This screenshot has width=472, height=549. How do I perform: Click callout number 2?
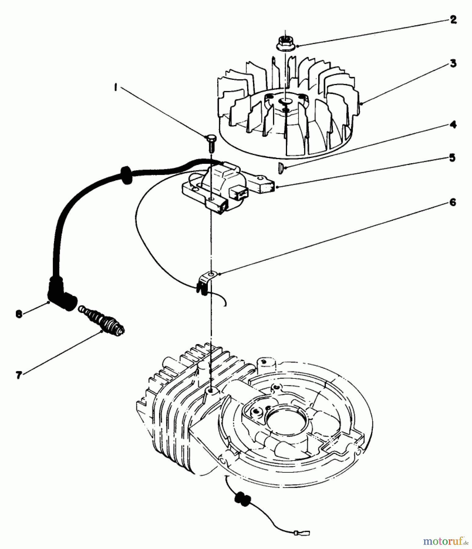453,20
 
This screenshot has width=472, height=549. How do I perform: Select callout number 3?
453,64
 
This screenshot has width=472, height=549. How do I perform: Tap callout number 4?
453,125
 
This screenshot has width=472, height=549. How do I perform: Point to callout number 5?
452,158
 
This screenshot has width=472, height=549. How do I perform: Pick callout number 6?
453,202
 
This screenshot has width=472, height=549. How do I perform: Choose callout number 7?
19,375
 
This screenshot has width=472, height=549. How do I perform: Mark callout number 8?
19,314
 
